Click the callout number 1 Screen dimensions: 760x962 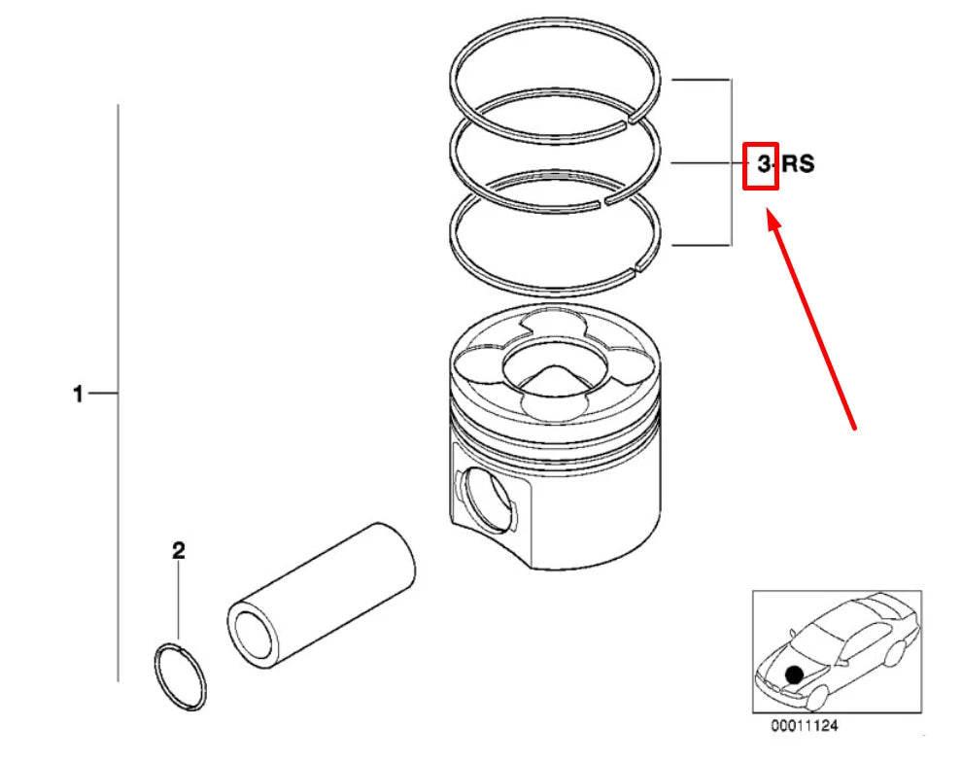click(x=78, y=395)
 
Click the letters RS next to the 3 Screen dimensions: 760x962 click(x=798, y=164)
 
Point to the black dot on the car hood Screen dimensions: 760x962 click(x=795, y=673)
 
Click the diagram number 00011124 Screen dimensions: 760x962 click(x=805, y=726)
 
